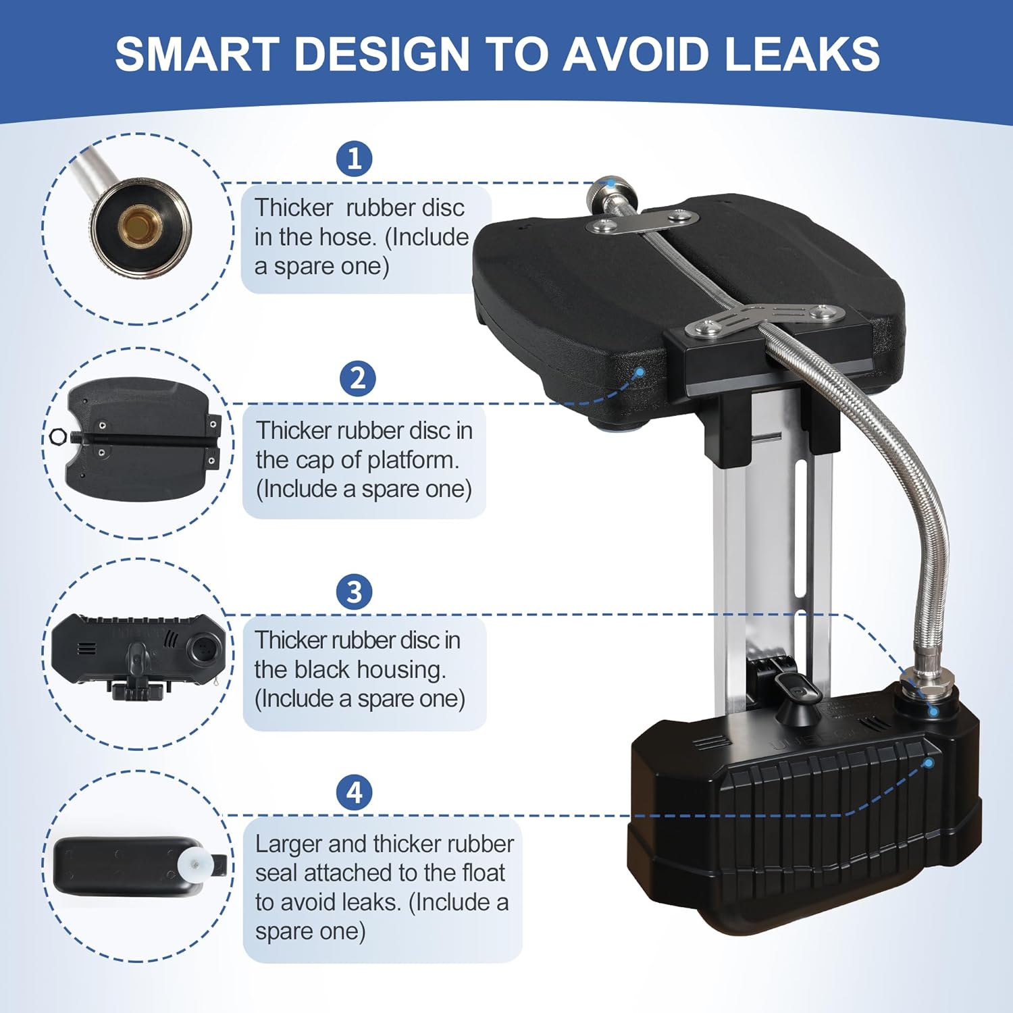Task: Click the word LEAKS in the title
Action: click(x=802, y=53)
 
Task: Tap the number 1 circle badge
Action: click(x=355, y=159)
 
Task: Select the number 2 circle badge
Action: click(x=357, y=378)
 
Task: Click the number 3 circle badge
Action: click(x=355, y=592)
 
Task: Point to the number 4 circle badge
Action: click(x=355, y=792)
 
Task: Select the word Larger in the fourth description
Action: click(x=290, y=843)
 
